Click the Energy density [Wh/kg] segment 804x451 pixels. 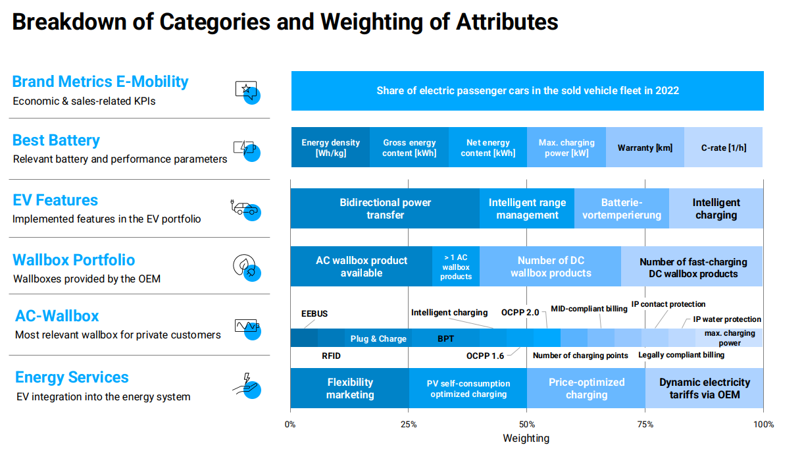[x=330, y=147]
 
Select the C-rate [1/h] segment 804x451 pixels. [x=724, y=147]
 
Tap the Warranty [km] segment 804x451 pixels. [x=645, y=147]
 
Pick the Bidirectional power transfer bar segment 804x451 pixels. [x=385, y=209]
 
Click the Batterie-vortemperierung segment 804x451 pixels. [x=622, y=209]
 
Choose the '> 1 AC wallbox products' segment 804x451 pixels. [x=456, y=267]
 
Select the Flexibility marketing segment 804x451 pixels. [x=350, y=388]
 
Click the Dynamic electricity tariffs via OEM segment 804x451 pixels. [x=704, y=388]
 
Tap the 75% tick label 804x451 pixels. [x=645, y=424]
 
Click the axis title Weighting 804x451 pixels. [x=526, y=438]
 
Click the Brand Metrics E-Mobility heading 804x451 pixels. [x=100, y=82]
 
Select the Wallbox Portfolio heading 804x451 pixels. [x=74, y=259]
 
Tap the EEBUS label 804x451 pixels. [x=314, y=313]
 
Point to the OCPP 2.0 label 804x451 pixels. [x=520, y=311]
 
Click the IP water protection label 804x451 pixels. [x=727, y=319]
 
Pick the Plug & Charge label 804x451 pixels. [x=378, y=339]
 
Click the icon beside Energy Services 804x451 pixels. [x=248, y=386]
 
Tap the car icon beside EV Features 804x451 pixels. [x=245, y=209]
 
